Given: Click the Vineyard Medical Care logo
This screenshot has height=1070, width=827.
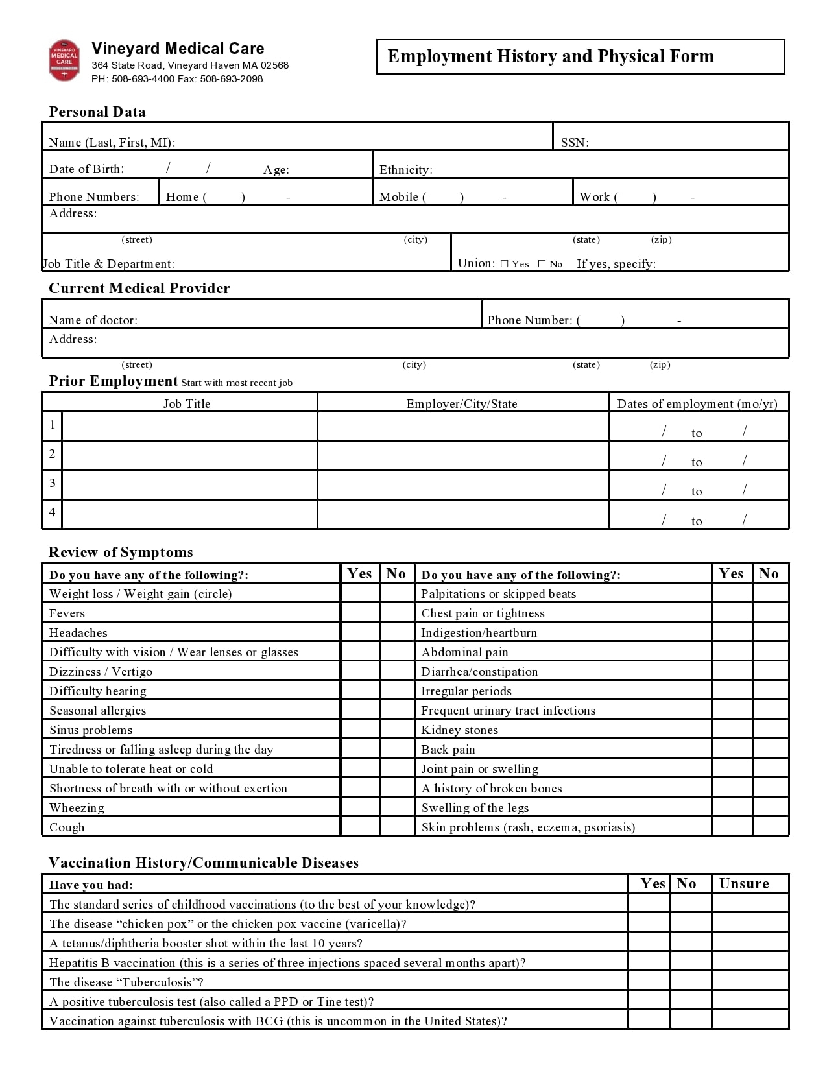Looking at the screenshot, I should (x=64, y=60).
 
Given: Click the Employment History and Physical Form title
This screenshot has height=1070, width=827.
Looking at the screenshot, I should (x=550, y=56).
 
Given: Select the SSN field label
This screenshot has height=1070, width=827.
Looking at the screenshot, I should (x=575, y=143).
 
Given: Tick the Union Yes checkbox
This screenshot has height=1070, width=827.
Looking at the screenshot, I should (x=504, y=264).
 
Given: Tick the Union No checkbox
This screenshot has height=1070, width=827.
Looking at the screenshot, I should (x=542, y=264).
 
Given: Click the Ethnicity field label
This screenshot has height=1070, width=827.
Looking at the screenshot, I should (x=405, y=170).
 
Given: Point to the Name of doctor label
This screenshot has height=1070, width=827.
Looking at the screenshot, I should (x=93, y=320).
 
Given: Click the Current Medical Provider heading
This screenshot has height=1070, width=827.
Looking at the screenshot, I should (x=139, y=289).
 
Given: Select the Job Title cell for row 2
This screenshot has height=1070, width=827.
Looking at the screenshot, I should (x=189, y=455).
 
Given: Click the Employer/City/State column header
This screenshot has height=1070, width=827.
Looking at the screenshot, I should (x=462, y=403).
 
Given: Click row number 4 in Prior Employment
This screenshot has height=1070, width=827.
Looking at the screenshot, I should (x=52, y=512).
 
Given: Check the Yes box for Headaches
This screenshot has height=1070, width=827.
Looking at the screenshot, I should (x=359, y=632).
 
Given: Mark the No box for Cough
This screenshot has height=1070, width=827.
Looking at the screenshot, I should (x=396, y=827).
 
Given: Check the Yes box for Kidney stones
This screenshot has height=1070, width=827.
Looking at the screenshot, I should (x=732, y=730).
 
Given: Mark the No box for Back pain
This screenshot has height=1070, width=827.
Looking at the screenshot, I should (x=771, y=749).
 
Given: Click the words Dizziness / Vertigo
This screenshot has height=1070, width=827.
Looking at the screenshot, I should (x=101, y=671).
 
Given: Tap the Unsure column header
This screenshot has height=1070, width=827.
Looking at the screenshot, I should (x=744, y=884).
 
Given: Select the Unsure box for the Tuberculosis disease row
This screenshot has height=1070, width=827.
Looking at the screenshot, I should (x=750, y=982).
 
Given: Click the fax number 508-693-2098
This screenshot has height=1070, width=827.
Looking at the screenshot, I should (x=231, y=79).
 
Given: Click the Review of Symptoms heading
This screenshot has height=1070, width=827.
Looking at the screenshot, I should (x=121, y=553).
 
